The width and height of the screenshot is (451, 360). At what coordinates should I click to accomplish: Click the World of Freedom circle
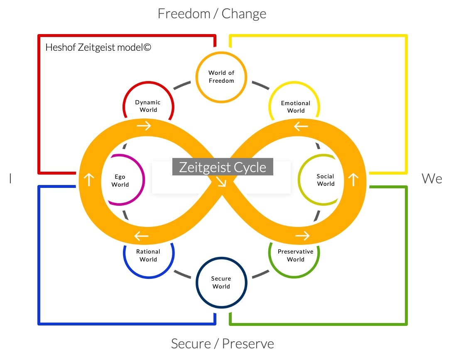coord(221,77)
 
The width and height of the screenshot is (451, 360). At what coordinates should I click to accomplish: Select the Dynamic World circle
coord(148,106)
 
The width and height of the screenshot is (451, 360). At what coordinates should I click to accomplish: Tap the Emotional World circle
coord(295,107)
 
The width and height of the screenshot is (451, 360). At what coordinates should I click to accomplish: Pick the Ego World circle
coord(120,180)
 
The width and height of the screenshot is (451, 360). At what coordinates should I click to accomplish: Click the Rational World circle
coord(148,255)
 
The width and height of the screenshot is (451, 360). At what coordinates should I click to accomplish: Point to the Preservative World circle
coord(295,255)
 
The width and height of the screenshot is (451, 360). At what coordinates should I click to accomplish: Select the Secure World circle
coord(221,283)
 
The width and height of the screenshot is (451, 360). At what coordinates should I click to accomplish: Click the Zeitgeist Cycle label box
coord(223,167)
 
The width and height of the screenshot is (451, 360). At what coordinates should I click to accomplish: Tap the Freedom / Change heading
coord(212,14)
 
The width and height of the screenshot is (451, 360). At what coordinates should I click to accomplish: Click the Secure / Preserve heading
coord(223,344)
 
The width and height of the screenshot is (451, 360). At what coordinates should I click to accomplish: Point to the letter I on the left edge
coord(10,179)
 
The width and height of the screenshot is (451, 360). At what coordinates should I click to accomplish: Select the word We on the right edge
coord(432,179)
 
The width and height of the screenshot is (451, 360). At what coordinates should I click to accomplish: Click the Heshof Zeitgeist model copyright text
coord(98,47)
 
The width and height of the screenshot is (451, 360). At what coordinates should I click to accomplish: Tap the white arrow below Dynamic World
coord(144,126)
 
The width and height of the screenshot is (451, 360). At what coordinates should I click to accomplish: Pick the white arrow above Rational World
coord(142,237)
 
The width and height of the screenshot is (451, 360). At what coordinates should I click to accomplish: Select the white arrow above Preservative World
coord(302,236)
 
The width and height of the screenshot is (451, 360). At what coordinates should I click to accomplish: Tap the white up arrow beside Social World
coord(353,180)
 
